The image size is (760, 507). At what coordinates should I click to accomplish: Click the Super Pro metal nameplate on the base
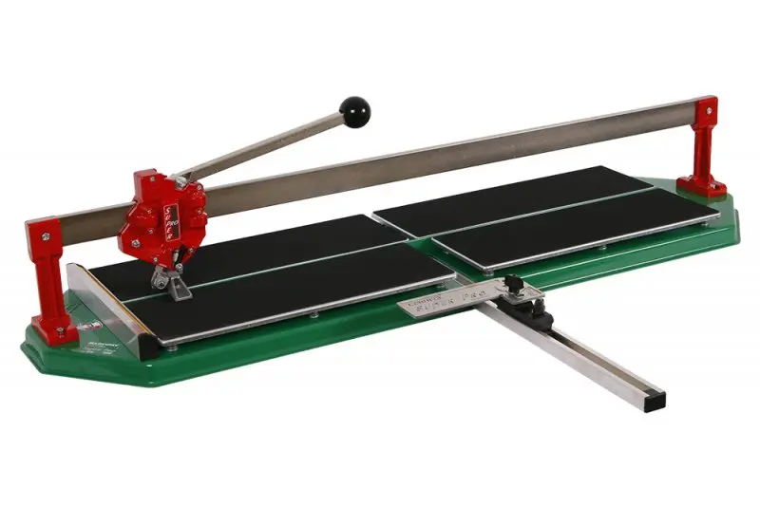click(x=433, y=301)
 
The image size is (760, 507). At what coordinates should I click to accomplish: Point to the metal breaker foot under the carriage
click(x=171, y=280)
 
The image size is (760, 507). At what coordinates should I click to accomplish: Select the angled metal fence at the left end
click(x=104, y=299)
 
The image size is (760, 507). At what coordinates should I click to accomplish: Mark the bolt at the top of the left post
click(x=38, y=230)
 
